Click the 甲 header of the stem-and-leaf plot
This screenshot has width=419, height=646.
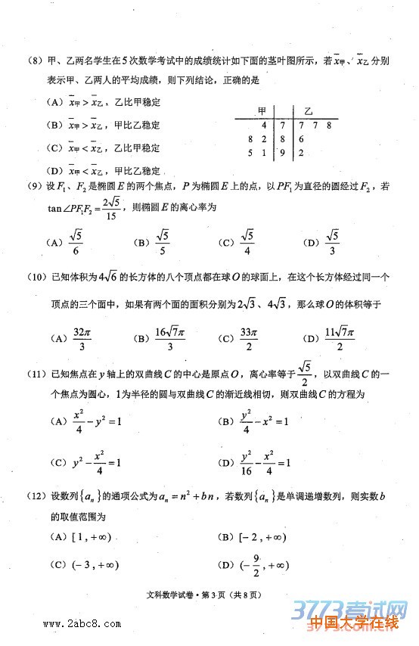pos(262,109)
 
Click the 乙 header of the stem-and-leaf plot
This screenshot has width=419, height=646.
pos(308,109)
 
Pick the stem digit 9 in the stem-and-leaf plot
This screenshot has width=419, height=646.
pos(282,153)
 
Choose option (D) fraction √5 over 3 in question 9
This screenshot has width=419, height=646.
pos(334,243)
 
